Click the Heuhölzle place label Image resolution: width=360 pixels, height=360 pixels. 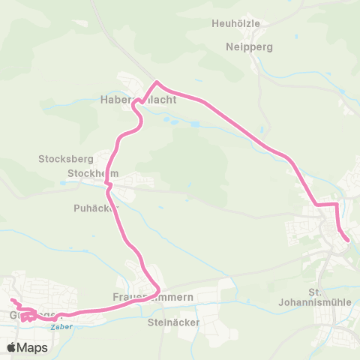pyautogui.click(x=236, y=23)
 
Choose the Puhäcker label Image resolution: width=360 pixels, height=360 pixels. pyautogui.click(x=96, y=207)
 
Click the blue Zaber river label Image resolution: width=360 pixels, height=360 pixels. pyautogui.click(x=58, y=327)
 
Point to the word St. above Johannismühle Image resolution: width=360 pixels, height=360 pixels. pyautogui.click(x=314, y=292)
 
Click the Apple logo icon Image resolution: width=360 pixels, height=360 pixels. pyautogui.click(x=11, y=347)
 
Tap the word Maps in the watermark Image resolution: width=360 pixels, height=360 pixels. pyautogui.click(x=32, y=347)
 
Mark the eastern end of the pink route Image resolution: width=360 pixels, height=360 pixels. pyautogui.click(x=348, y=240)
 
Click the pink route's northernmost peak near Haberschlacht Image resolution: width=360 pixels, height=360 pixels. pyautogui.click(x=156, y=82)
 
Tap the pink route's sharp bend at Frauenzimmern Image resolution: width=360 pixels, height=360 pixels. pyautogui.click(x=159, y=289)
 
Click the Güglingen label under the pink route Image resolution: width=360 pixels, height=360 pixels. pyautogui.click(x=22, y=315)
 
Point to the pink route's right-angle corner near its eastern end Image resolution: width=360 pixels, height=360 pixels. pyautogui.click(x=337, y=203)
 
